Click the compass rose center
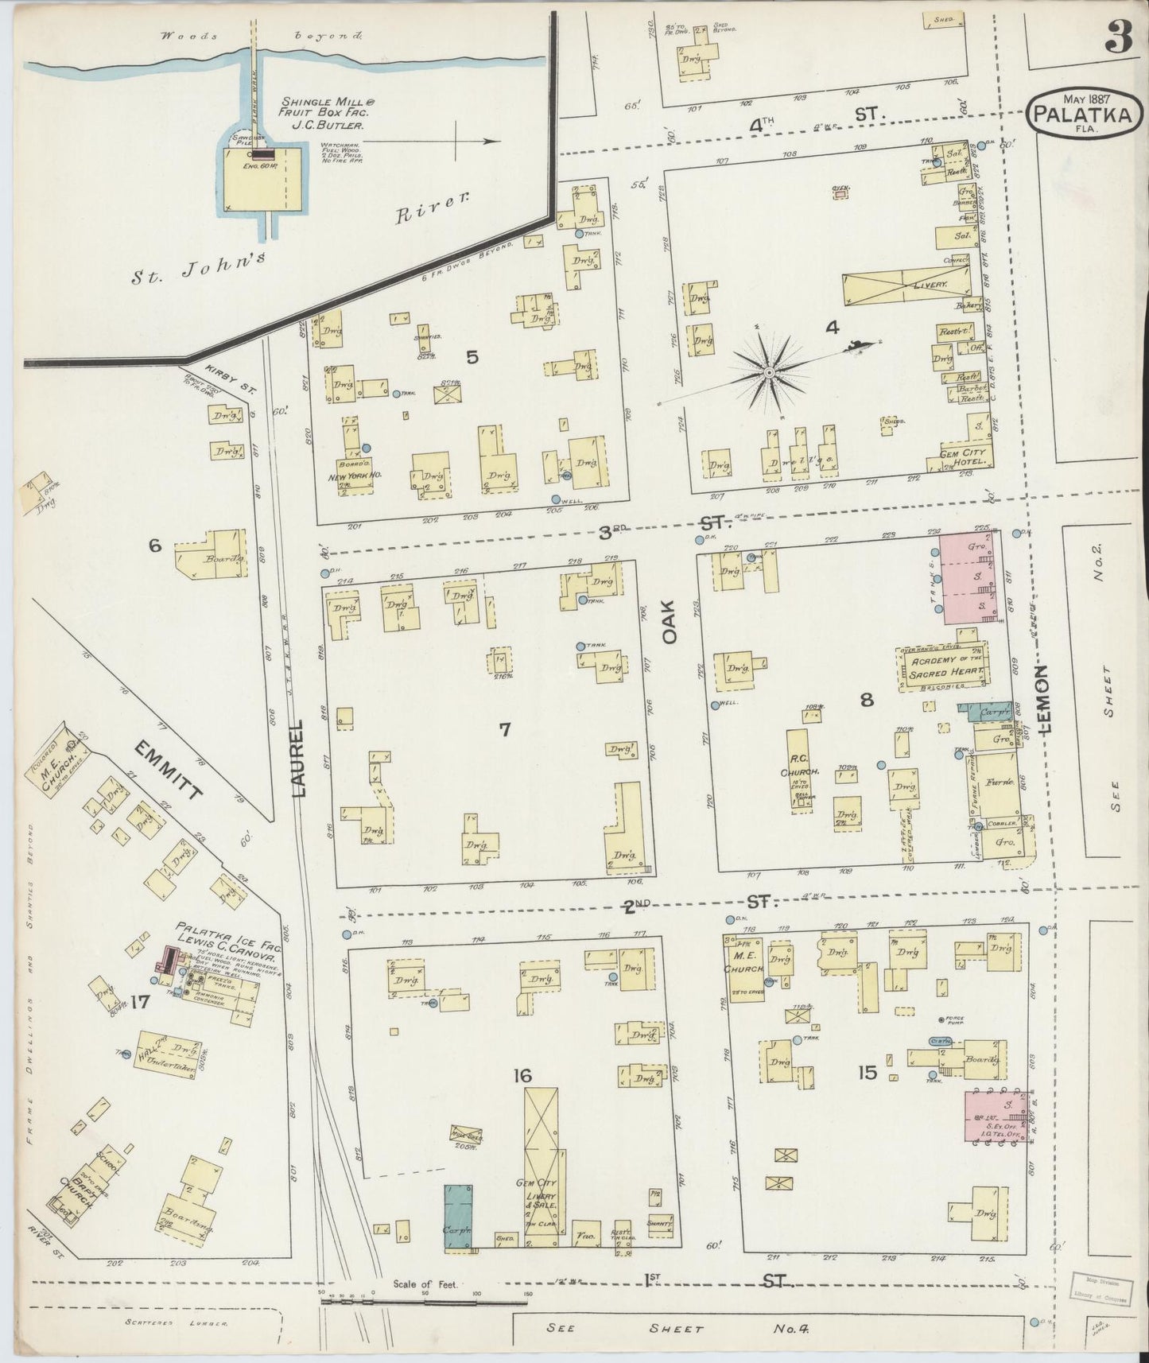coord(770,372)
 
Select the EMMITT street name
coord(169,769)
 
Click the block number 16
coord(522,1076)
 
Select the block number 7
coord(504,728)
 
